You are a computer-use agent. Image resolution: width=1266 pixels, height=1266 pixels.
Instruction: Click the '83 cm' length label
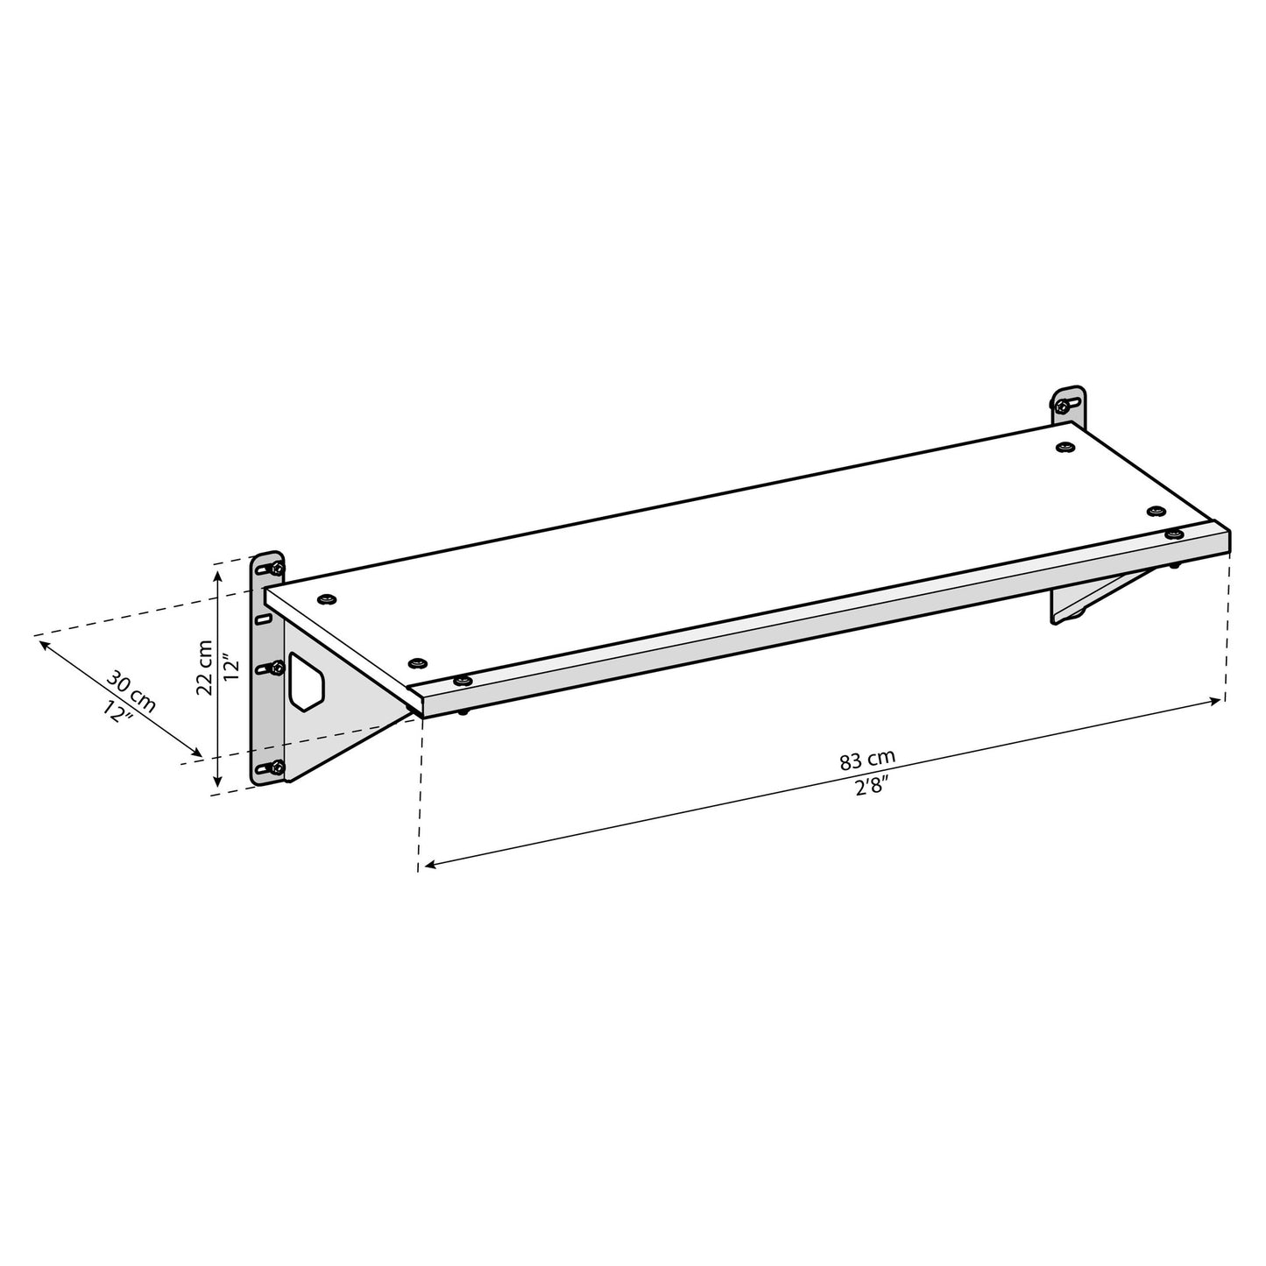click(867, 759)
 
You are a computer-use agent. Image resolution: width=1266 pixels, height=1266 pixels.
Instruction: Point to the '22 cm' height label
click(205, 668)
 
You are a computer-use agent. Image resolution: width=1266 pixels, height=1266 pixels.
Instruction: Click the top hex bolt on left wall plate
click(276, 569)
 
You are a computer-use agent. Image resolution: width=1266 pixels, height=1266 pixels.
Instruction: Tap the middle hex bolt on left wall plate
click(276, 668)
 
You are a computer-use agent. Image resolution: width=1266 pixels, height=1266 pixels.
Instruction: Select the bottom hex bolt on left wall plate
click(276, 768)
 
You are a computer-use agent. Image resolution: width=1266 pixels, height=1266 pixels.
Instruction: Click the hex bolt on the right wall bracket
click(1064, 405)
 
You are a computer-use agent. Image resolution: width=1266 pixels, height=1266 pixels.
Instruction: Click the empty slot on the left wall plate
click(262, 619)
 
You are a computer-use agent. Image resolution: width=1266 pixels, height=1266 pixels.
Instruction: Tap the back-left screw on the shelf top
click(329, 598)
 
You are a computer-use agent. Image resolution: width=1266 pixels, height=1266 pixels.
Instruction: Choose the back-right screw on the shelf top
click(1064, 448)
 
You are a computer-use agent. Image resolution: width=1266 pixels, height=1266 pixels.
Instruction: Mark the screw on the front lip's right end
click(1174, 534)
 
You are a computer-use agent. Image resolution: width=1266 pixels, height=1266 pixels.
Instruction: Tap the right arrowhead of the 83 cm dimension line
click(1220, 700)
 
